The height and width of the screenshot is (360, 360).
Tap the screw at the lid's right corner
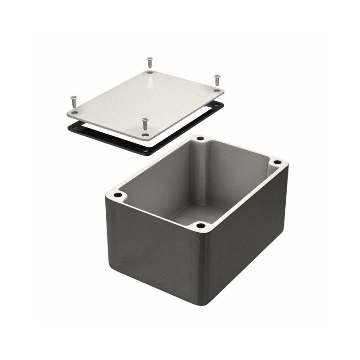[217, 80]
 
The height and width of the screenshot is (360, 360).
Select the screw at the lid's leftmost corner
[72, 101]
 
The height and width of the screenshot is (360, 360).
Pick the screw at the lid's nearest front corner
[144, 122]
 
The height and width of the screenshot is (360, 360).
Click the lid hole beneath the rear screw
[149, 72]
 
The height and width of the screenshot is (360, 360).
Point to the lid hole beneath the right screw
[216, 90]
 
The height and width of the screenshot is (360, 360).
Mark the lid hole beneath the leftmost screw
[75, 112]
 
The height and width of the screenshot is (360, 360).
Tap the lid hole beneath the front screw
[144, 135]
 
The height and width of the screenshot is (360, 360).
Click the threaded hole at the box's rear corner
[200, 139]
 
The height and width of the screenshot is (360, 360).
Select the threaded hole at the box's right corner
[277, 162]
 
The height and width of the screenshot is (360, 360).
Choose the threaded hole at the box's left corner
[118, 195]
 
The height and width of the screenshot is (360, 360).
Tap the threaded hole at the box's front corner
[201, 225]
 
